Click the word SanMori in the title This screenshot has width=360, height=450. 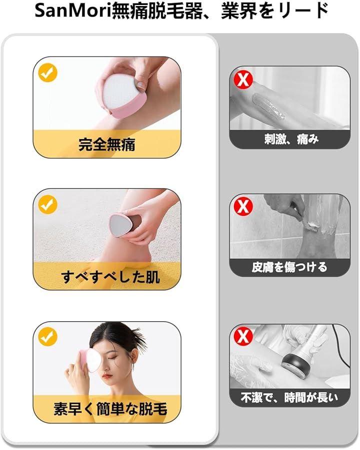73,12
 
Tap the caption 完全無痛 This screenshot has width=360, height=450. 107,144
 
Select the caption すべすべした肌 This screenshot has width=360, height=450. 110,277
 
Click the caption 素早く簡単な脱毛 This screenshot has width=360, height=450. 110,408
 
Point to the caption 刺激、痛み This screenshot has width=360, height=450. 291,140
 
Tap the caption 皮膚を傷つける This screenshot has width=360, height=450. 289,267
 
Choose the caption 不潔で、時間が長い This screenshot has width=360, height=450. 289,397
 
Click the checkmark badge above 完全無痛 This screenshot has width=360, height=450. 48,73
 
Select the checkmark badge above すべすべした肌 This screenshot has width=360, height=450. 48,204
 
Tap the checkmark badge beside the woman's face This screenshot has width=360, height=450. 48,337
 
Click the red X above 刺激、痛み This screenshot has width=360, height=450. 243,80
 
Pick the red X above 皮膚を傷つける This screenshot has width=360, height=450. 243,206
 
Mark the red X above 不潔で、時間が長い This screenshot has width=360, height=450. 243,336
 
